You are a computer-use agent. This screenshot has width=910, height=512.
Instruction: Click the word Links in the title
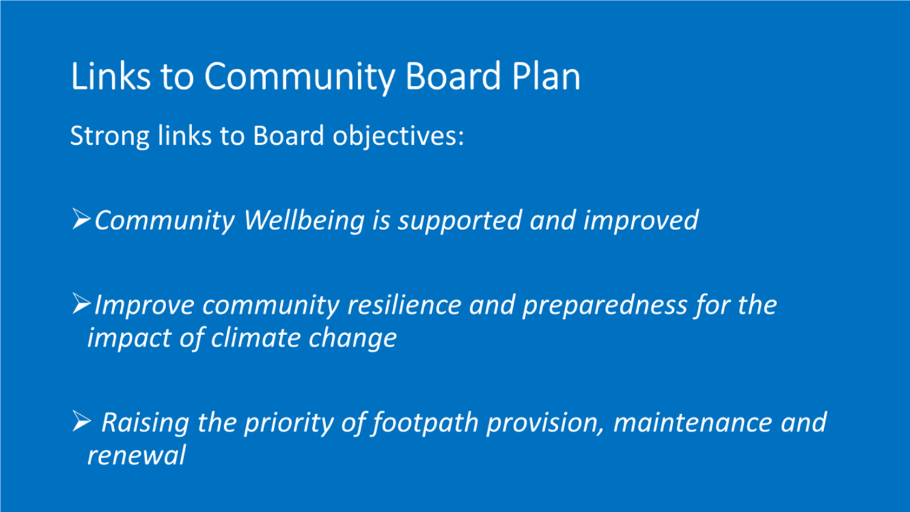[110, 75]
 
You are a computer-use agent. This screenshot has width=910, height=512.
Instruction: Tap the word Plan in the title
[546, 75]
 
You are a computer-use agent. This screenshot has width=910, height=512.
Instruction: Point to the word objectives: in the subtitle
[398, 136]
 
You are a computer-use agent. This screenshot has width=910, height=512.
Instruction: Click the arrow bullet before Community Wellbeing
[81, 219]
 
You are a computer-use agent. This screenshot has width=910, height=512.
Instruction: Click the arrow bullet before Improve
[81, 303]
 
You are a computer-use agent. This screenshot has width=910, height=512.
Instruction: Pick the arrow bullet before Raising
[81, 421]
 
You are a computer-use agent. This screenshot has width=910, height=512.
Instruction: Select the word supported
[459, 222]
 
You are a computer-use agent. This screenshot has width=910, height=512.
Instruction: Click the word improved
[641, 222]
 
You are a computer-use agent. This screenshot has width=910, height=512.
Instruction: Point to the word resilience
[404, 305]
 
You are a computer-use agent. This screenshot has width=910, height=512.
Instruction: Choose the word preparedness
[604, 306]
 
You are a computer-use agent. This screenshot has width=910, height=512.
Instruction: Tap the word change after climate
[352, 339]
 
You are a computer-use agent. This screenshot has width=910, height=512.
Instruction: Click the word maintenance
[692, 423]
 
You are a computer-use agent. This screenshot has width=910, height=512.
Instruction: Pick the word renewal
[137, 455]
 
